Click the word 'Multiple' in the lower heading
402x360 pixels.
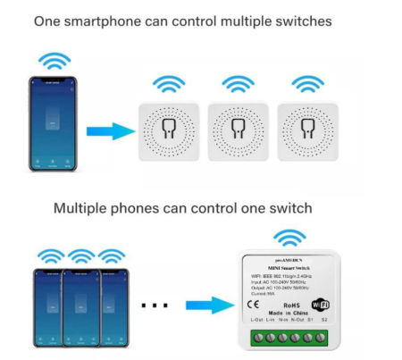tap(81, 208)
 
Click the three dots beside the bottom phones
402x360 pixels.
tap(155, 306)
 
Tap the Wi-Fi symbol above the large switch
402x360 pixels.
tap(288, 238)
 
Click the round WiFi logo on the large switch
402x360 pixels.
tap(320, 304)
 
